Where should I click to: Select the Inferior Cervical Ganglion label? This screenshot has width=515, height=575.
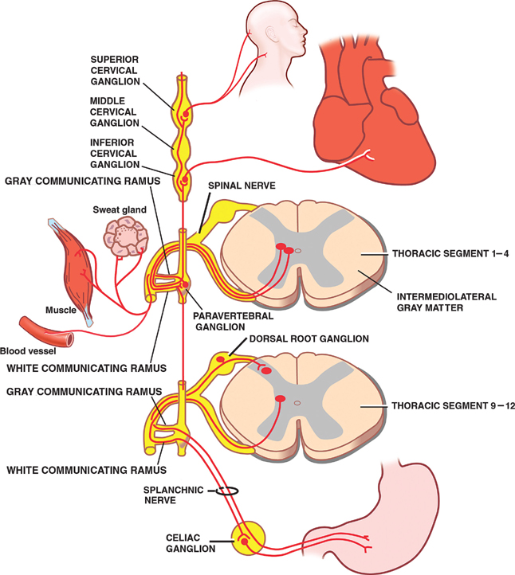121,153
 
